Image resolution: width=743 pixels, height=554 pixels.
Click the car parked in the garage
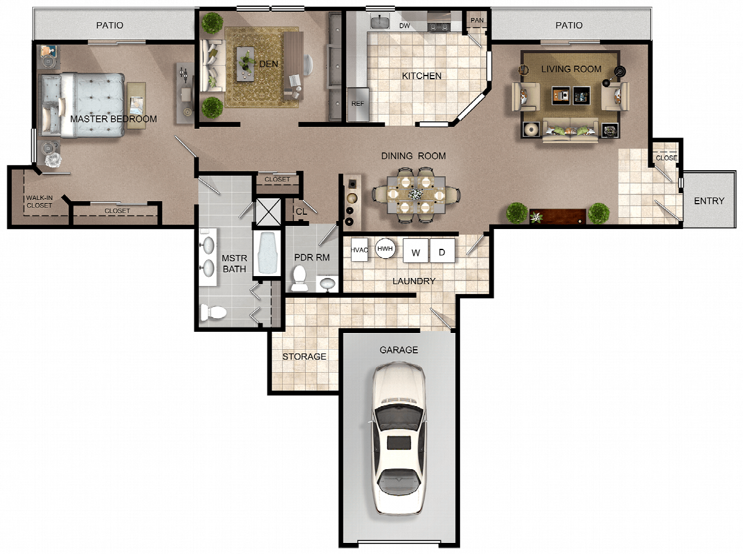point(399,438)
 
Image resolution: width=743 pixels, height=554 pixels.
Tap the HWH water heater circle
point(385,249)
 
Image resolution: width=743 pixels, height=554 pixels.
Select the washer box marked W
point(415,251)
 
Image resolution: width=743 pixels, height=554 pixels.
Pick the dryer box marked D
point(442,251)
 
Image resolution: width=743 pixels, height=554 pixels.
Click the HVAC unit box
point(359,249)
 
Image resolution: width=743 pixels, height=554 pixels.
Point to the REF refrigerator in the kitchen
point(358,104)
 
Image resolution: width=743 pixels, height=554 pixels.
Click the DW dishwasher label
point(404,26)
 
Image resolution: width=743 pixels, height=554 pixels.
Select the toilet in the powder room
point(300,278)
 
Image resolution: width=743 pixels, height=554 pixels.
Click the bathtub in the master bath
point(267,254)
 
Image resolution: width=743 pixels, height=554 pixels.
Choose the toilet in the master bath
point(213,312)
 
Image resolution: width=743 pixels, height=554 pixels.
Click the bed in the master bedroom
point(82,105)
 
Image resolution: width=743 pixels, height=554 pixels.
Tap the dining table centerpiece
point(415,194)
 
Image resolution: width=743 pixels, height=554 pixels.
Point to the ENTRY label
point(709,201)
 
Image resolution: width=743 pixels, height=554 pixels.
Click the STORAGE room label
point(304,357)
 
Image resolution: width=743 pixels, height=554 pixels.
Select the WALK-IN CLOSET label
point(39,202)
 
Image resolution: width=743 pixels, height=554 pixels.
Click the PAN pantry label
point(477,20)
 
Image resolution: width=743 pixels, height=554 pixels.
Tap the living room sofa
point(570,130)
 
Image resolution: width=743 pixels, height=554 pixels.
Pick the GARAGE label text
point(399,350)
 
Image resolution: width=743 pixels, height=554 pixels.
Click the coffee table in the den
point(245,64)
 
